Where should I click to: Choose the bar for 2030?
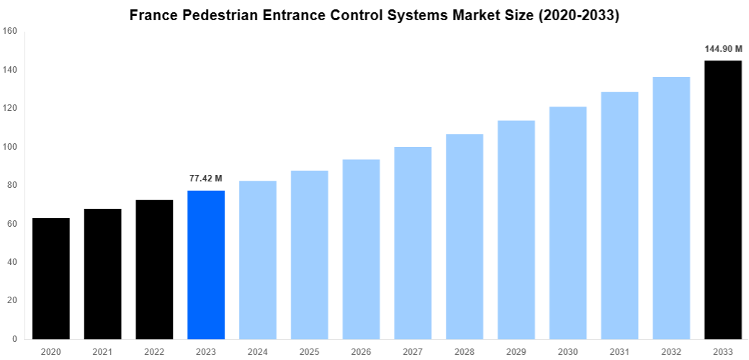(568, 222)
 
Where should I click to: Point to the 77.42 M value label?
(205, 179)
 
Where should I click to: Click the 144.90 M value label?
(722, 49)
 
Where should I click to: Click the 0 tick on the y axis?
(14, 339)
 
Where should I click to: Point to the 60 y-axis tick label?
(12, 224)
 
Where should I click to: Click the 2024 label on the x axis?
(258, 351)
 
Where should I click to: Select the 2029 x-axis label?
(516, 351)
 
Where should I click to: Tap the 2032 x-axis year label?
(670, 351)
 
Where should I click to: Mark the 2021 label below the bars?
(103, 351)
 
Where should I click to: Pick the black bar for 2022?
(154, 269)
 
